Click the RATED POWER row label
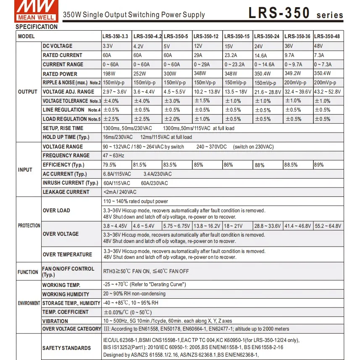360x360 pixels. pos(60,74)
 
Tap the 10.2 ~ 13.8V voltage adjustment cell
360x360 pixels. pos(208,92)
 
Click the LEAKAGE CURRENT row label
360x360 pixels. pos(66,192)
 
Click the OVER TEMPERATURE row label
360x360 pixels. pos(67,255)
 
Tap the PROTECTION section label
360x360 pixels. pos(29,226)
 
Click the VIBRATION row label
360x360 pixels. pos(55,321)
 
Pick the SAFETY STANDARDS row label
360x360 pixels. pos(66,348)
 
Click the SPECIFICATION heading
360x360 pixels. pos(37,27)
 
